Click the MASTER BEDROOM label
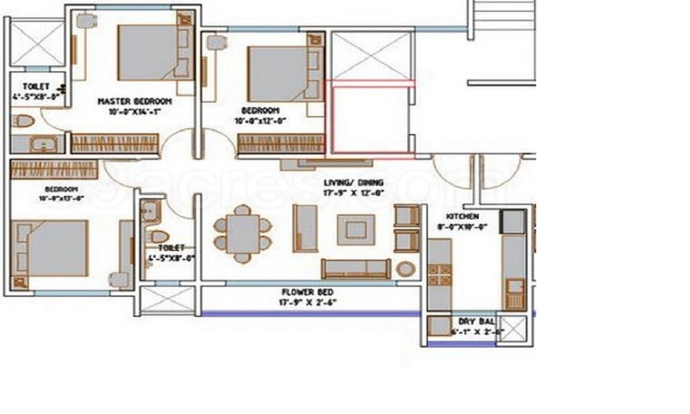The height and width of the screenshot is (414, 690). [134, 101]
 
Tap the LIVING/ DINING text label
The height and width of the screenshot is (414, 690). [354, 183]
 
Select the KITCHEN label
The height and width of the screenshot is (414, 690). [462, 216]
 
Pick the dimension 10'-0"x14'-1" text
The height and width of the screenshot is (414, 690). [134, 111]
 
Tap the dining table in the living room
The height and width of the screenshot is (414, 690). [243, 233]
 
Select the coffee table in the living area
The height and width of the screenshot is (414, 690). [355, 229]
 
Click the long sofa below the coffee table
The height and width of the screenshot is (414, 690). [356, 268]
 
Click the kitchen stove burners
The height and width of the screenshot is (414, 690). [439, 274]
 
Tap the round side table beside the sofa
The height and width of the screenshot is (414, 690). [406, 268]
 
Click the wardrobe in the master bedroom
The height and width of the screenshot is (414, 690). [115, 143]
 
